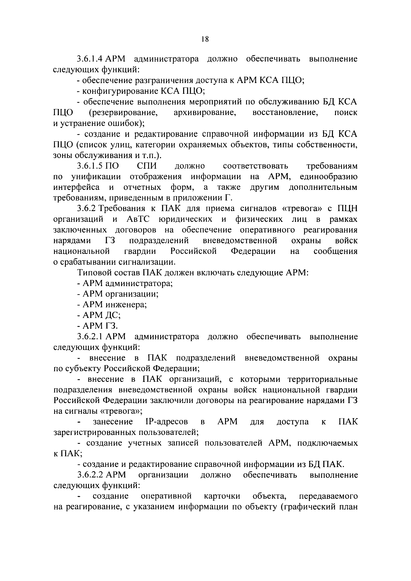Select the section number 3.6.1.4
(90, 59)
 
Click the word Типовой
(94, 273)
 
